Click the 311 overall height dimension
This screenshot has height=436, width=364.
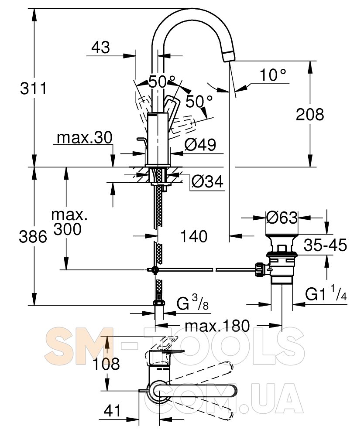point(34,89)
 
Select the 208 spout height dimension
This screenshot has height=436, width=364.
point(310,114)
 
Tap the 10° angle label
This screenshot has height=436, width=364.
point(273,75)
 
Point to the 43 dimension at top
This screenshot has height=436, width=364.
point(100,47)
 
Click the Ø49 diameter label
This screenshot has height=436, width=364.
point(200,144)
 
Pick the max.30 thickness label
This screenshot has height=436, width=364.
point(85,138)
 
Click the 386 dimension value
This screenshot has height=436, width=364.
point(33,237)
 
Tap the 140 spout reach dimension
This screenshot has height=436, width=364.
point(194,236)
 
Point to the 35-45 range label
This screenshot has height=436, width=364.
point(325,245)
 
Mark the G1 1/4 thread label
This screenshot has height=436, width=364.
point(326,293)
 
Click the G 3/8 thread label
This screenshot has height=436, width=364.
point(192,303)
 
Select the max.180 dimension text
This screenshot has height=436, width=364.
point(217,326)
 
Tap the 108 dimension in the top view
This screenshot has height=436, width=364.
point(106,364)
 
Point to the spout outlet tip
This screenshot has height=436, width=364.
point(229,56)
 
